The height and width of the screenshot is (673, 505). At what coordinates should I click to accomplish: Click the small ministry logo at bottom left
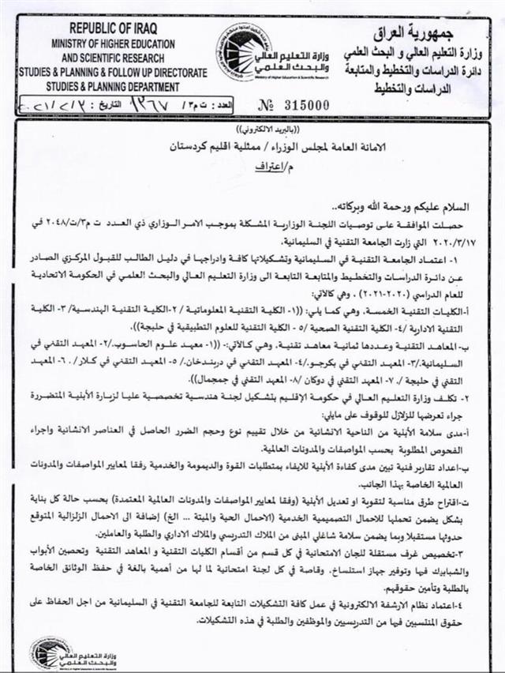click(50, 652)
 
